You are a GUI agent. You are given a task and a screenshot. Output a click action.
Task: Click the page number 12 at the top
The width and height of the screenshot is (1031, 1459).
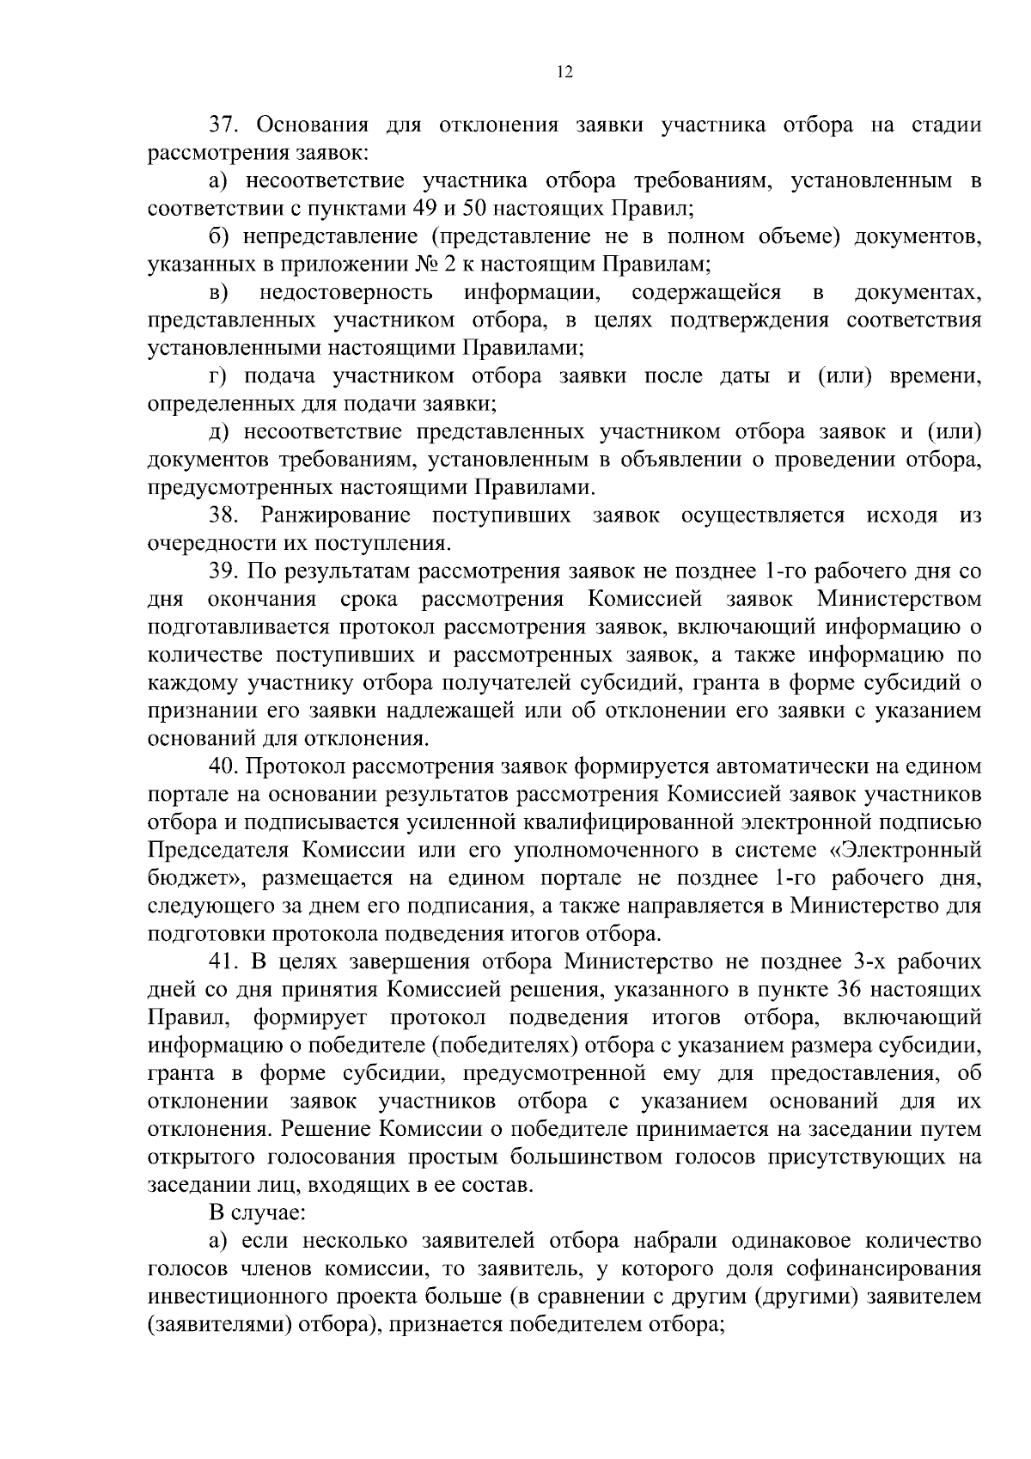click(x=564, y=73)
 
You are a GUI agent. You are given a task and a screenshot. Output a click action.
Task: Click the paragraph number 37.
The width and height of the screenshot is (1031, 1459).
click(x=226, y=125)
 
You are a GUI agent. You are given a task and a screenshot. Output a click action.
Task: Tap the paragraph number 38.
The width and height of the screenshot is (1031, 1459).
click(x=226, y=516)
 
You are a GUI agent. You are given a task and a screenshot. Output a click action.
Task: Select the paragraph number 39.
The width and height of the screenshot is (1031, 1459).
click(x=226, y=571)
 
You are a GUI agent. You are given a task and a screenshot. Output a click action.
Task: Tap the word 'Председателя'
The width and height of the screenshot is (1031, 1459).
click(x=218, y=851)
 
